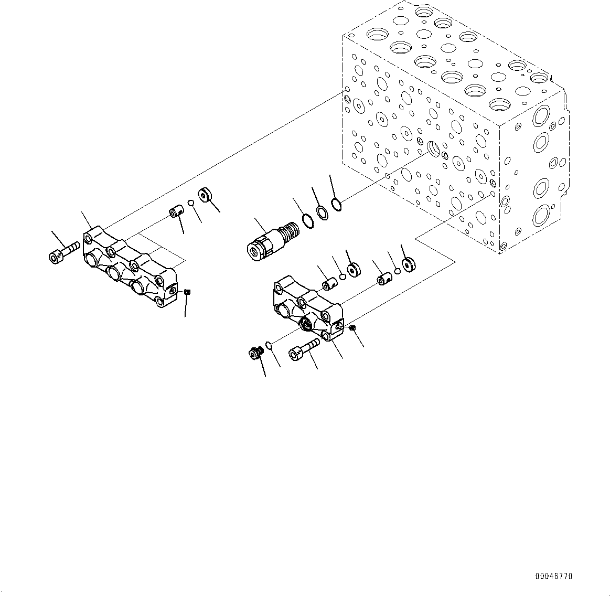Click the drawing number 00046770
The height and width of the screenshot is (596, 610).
(x=554, y=576)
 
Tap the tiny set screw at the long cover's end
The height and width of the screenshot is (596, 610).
(x=188, y=292)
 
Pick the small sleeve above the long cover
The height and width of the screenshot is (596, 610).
(x=175, y=214)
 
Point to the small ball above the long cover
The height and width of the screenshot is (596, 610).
(x=191, y=204)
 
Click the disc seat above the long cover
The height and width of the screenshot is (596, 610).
(x=204, y=194)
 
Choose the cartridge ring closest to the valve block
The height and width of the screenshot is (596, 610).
(x=337, y=204)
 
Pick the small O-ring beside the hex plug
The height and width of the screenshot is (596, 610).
(x=269, y=345)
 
